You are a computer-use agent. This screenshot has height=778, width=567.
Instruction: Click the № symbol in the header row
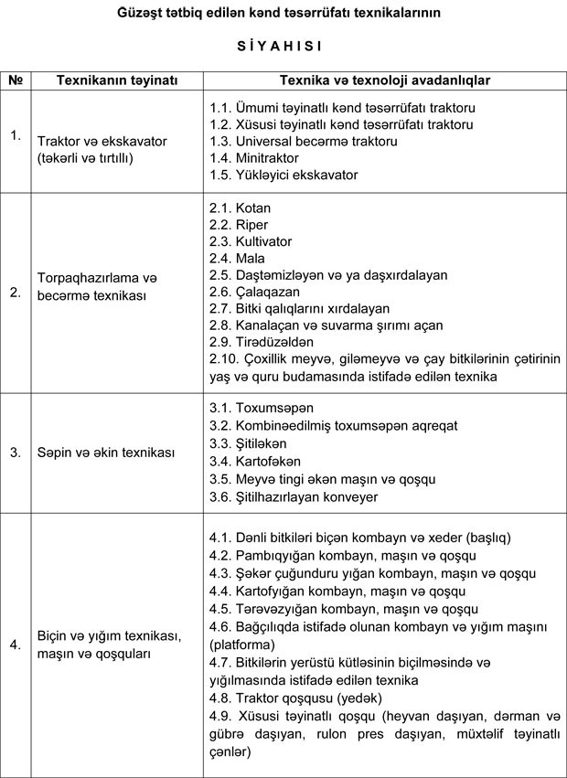pyautogui.click(x=16, y=80)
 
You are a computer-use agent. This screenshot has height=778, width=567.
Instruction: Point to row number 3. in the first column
pyautogui.click(x=16, y=452)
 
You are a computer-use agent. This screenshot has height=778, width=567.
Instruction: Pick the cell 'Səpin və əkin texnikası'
pyautogui.click(x=99, y=452)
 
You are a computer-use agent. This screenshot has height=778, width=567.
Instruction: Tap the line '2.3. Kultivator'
pyautogui.click(x=251, y=241)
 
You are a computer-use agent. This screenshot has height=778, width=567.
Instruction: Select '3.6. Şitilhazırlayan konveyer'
pyautogui.click(x=293, y=495)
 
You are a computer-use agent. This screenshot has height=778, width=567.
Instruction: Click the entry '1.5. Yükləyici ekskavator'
pyautogui.click(x=283, y=175)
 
